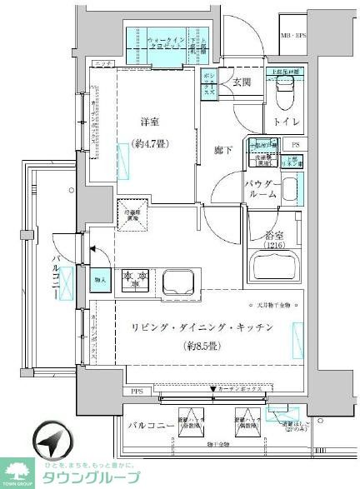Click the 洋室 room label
(150, 121)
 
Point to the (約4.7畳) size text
(150, 143)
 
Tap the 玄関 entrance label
(241, 82)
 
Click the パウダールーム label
(261, 187)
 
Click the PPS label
(136, 391)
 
